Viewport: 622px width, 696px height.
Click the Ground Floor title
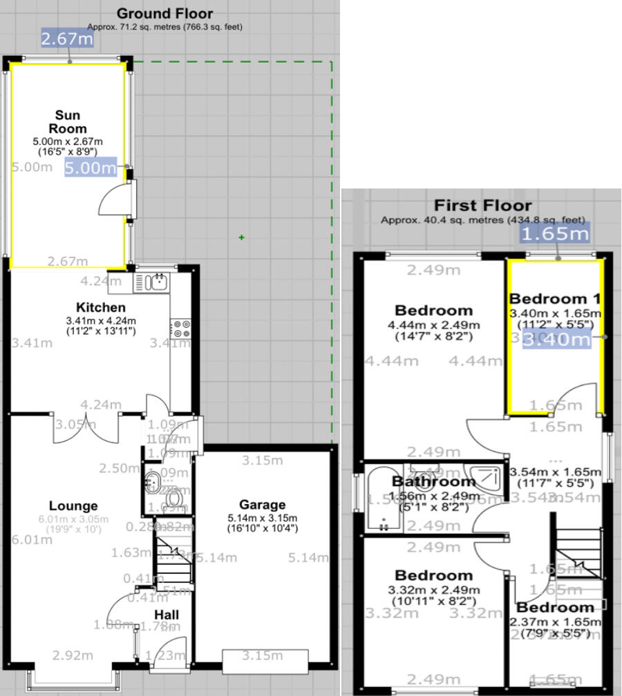(x=164, y=13)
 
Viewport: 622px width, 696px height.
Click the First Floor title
(x=482, y=205)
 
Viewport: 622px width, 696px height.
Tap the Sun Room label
(x=68, y=122)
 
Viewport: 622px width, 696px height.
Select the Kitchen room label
(x=101, y=307)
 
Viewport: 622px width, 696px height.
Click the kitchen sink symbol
(x=153, y=282)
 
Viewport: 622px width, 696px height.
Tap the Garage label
(x=262, y=505)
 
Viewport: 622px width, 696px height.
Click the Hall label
(x=167, y=614)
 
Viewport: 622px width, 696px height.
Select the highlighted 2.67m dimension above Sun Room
(x=67, y=39)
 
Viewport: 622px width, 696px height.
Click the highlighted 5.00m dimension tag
(x=91, y=166)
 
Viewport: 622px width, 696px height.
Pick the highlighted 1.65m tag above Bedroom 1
(x=555, y=233)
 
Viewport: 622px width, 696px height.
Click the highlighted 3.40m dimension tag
(x=557, y=339)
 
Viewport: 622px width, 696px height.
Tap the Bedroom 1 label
(x=554, y=299)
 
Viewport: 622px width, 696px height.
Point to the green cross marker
(x=241, y=238)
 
